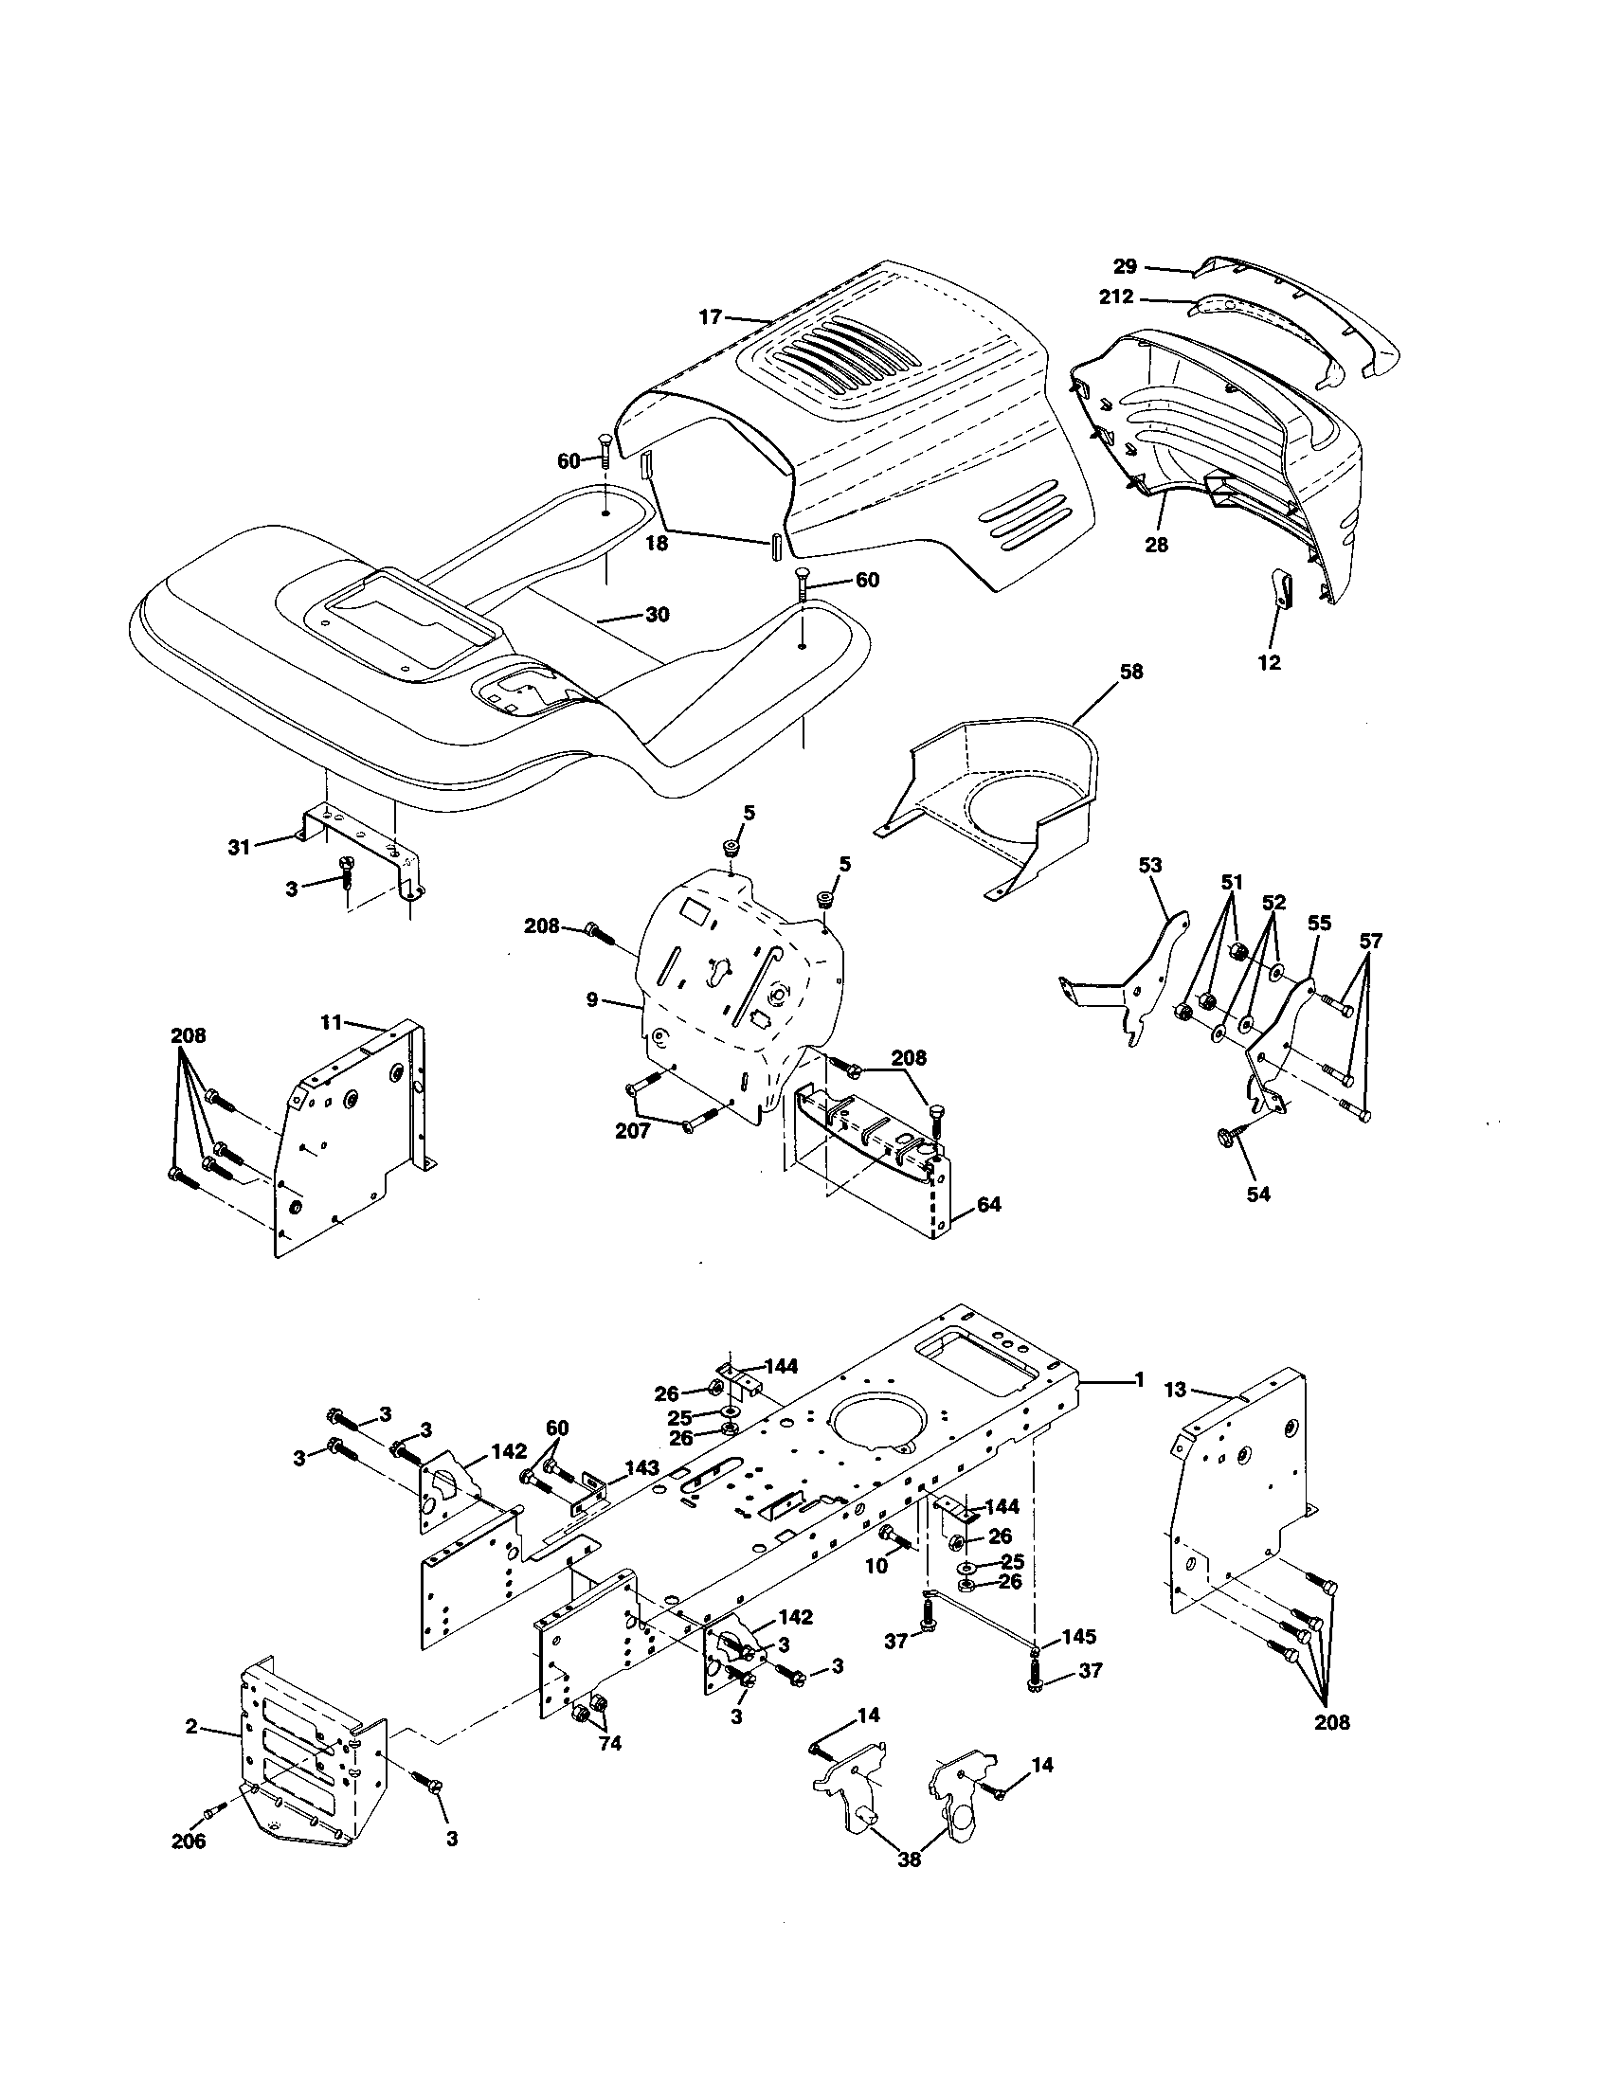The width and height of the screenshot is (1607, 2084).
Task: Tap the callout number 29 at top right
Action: click(x=1125, y=266)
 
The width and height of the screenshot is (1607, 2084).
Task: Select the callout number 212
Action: click(x=1115, y=296)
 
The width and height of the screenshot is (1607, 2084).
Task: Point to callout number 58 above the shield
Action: click(x=1130, y=672)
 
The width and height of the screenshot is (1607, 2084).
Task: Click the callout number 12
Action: click(x=1269, y=662)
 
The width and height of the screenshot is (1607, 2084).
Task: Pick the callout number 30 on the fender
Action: click(x=657, y=615)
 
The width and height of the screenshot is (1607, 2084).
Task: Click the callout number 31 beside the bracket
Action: click(x=239, y=845)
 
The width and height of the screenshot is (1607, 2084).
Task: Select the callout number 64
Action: click(x=988, y=1205)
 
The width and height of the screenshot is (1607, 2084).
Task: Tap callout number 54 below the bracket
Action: click(x=1258, y=1193)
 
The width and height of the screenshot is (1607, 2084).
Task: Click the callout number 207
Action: click(x=632, y=1131)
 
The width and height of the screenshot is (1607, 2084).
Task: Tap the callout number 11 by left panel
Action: click(x=330, y=1023)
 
